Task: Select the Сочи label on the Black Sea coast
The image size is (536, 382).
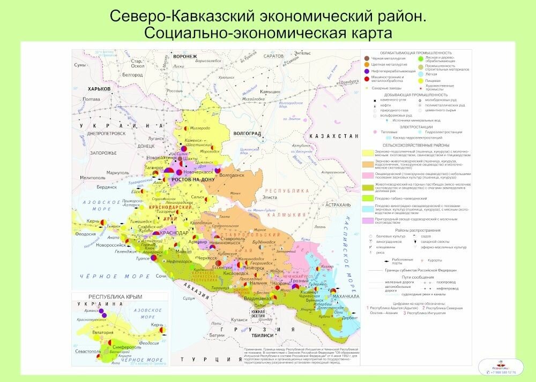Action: tap(161, 276)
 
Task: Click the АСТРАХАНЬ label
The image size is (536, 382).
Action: tap(338, 204)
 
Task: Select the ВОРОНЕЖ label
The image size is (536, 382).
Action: tap(185, 56)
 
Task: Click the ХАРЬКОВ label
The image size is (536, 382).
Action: tap(99, 89)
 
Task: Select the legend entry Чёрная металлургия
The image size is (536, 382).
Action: tap(387, 58)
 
